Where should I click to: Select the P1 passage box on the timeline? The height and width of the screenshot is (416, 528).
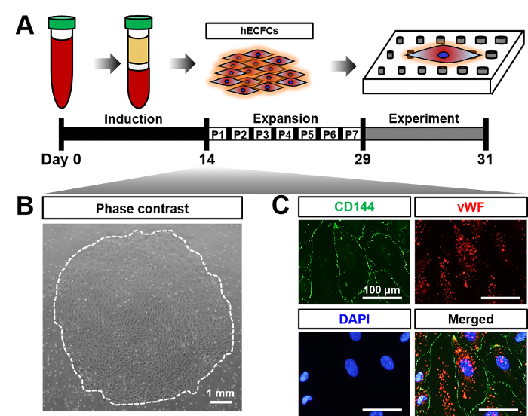[x=218, y=134]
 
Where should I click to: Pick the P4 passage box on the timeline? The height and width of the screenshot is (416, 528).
[x=284, y=134]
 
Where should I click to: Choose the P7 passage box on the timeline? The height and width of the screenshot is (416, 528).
[x=351, y=134]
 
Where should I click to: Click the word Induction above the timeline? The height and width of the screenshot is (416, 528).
[x=133, y=118]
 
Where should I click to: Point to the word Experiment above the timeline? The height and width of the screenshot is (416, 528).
[x=422, y=118]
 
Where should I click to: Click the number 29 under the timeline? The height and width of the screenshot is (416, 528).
[x=363, y=160]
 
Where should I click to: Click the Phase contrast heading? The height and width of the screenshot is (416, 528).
[x=142, y=207]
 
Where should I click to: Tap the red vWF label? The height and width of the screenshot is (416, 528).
[x=468, y=207]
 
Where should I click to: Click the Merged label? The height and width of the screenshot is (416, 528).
[x=468, y=320]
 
